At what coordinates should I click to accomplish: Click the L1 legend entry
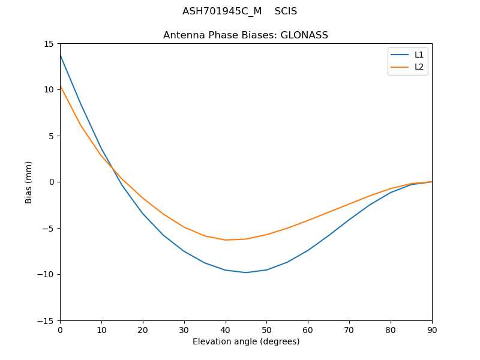419,55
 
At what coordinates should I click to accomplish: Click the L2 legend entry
419,67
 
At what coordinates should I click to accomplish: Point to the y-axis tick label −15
47,321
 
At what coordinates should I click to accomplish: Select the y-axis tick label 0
52,182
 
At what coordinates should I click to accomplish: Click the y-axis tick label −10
47,275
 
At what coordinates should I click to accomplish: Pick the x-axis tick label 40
225,329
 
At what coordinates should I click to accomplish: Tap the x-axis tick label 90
431,329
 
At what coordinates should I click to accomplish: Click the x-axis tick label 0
60,329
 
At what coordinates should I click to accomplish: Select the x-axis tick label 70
349,329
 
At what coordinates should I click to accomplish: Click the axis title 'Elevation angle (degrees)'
246,342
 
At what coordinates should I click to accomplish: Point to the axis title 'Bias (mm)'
29,182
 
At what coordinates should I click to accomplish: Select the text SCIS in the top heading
286,11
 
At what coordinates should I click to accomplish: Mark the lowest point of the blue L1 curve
246,272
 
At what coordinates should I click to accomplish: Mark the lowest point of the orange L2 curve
225,240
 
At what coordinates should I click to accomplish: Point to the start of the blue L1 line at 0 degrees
60,55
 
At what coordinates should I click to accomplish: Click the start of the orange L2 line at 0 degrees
60,86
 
